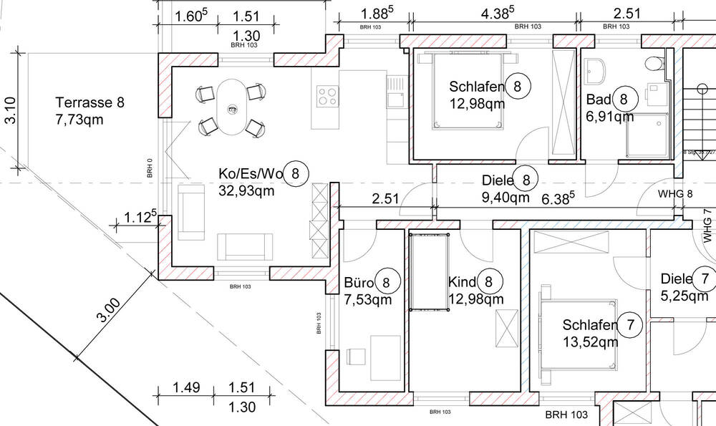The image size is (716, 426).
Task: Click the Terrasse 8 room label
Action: (89, 102)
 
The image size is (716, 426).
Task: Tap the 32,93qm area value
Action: (246, 190)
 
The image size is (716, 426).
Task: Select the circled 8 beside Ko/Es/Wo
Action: (296, 173)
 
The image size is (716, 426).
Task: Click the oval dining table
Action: (231, 107)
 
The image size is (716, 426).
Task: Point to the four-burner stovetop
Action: (326, 96)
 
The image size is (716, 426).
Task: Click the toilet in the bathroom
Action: (653, 64)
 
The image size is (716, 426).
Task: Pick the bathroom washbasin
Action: (596, 70)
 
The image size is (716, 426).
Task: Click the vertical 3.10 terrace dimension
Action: (11, 111)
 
